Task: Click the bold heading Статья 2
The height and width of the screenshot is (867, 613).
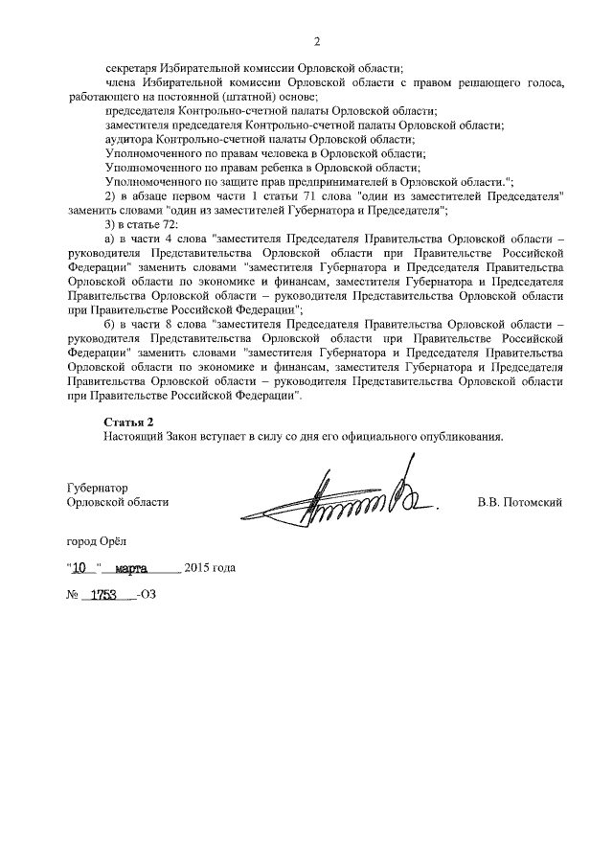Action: click(128, 422)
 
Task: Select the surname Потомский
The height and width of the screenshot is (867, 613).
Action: click(534, 502)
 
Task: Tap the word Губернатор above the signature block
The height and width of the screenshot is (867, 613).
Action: click(98, 488)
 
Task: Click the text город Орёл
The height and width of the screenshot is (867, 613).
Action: click(96, 541)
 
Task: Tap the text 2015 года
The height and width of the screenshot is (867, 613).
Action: click(210, 567)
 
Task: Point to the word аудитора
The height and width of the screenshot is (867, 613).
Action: click(131, 139)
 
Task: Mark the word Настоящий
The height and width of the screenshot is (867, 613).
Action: click(134, 436)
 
